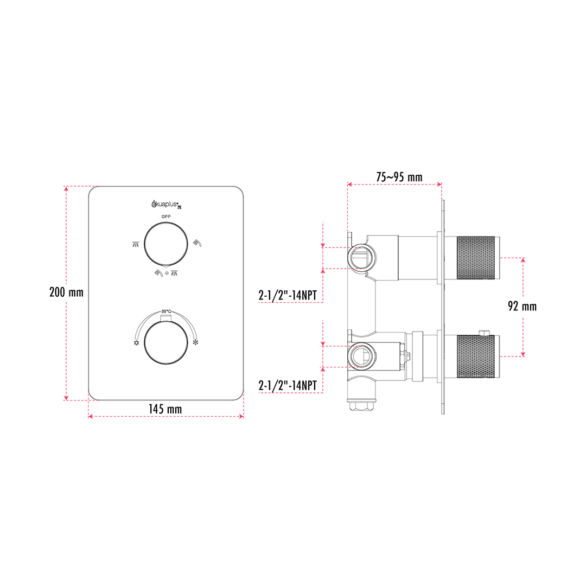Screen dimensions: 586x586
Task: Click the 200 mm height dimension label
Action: [67, 292]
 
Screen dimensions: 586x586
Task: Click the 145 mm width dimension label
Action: [165, 409]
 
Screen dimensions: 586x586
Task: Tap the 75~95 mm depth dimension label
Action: [399, 177]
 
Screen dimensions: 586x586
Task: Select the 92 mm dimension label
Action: [522, 307]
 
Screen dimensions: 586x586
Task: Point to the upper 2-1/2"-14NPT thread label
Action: [288, 295]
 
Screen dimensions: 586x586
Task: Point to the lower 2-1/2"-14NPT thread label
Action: [288, 385]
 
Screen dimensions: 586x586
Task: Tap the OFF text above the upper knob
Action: [167, 216]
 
